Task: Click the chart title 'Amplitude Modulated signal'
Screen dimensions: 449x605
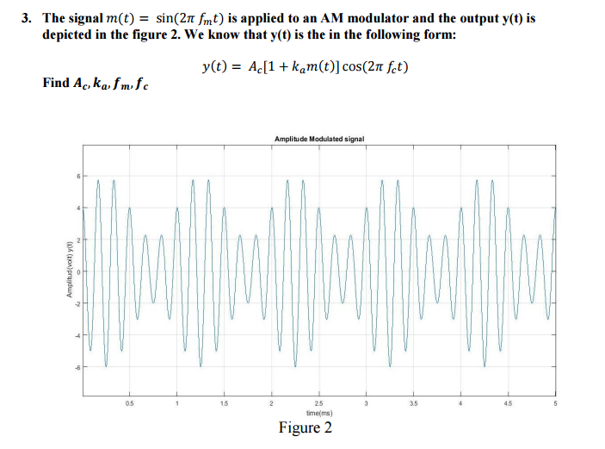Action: (x=319, y=139)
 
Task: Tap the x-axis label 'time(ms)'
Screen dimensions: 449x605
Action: (x=319, y=413)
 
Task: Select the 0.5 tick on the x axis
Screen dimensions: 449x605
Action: (x=130, y=402)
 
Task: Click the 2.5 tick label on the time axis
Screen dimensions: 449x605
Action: (x=319, y=402)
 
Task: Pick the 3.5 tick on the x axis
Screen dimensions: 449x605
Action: (x=414, y=402)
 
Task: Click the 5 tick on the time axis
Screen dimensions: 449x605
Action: (x=556, y=402)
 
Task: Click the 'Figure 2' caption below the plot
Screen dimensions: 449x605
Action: (x=305, y=428)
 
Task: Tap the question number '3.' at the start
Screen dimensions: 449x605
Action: (x=28, y=17)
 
